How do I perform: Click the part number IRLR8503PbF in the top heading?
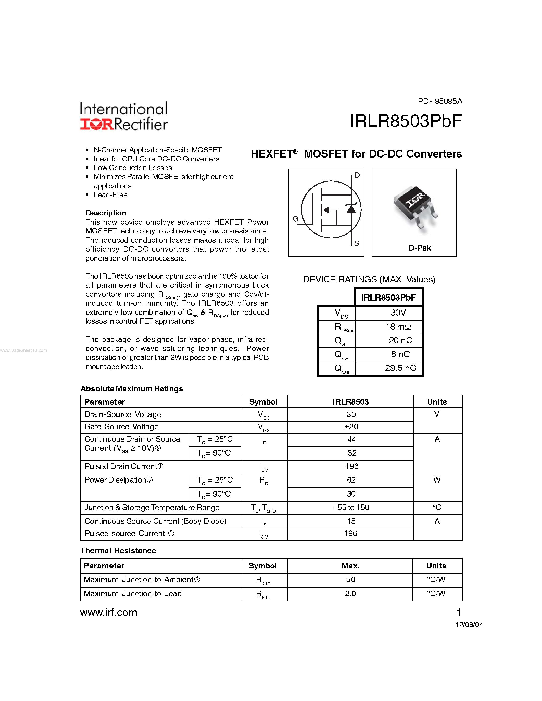[x=405, y=121]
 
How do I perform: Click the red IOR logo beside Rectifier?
[x=96, y=124]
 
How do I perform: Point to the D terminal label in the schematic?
[x=357, y=175]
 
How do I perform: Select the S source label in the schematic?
[x=356, y=243]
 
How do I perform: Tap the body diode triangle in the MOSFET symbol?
[x=351, y=209]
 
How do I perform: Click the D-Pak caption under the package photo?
[x=419, y=248]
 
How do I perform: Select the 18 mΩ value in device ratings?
[x=398, y=327]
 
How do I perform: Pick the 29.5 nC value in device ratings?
[x=400, y=368]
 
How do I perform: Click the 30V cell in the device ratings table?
[x=398, y=313]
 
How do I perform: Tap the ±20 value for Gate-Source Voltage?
[x=351, y=426]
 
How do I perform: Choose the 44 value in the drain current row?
[x=351, y=439]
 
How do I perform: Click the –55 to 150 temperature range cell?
[x=351, y=508]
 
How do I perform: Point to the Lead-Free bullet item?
[x=110, y=195]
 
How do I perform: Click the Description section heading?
[x=106, y=213]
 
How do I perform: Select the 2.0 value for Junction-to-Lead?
[x=350, y=593]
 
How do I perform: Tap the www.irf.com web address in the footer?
[x=109, y=612]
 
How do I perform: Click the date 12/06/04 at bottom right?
[x=469, y=625]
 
